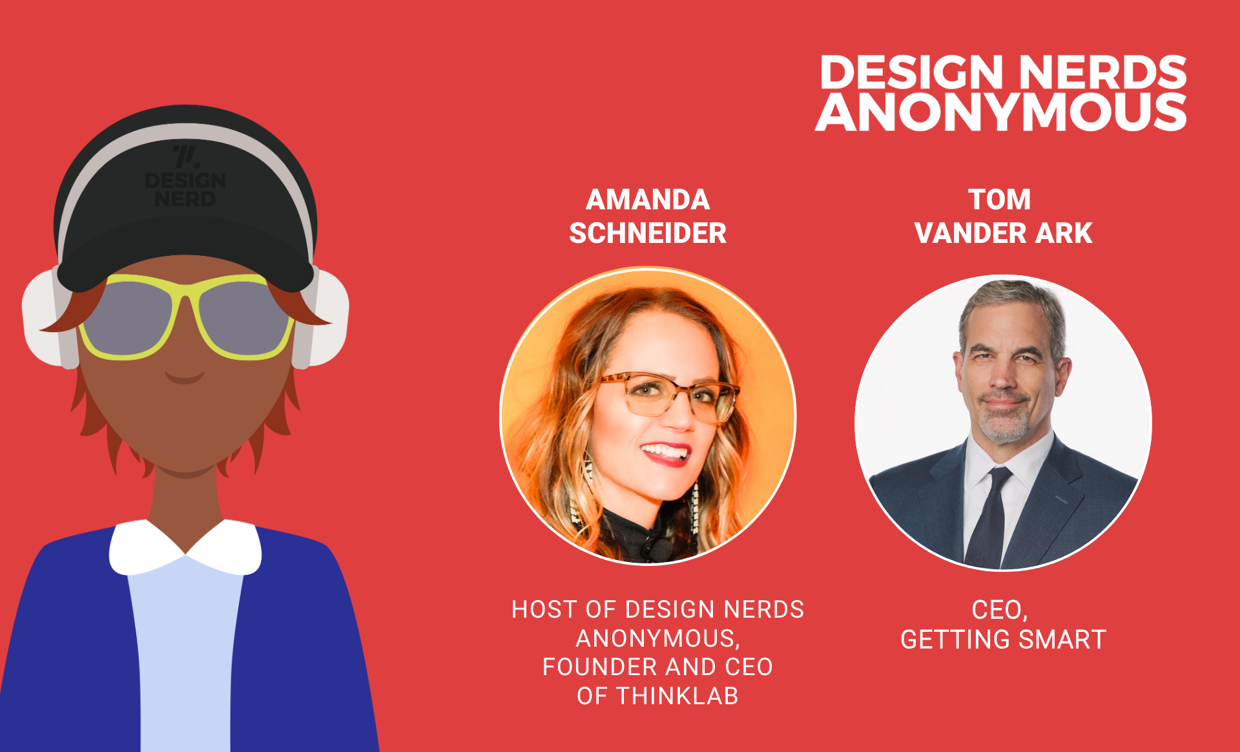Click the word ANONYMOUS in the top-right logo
1000,112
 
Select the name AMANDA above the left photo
648,200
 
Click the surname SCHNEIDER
648,233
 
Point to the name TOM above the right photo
1000,200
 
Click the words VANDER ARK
1004,233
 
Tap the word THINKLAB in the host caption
677,696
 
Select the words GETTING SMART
1004,640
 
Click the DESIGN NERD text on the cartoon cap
185,189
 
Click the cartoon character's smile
185,377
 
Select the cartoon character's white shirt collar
185,547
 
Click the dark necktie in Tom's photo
989,517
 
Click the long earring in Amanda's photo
696,507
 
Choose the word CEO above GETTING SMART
1000,610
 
